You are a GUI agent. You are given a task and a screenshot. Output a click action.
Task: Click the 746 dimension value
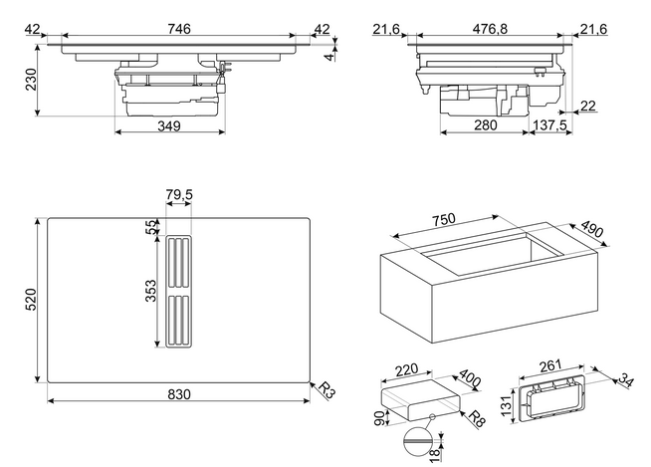coord(179,29)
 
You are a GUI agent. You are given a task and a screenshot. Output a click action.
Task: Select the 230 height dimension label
coord(31,79)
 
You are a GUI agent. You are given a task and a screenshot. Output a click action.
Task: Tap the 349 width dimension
coord(169,125)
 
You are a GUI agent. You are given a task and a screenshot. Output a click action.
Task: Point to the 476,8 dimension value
coord(490,29)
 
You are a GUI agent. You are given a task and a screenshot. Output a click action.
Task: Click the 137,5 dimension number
coord(549,124)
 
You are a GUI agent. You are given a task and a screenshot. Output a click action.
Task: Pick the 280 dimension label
coord(485,124)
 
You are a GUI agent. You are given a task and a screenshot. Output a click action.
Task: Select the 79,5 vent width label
coord(179,194)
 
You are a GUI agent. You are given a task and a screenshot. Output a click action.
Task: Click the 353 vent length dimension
coord(151,291)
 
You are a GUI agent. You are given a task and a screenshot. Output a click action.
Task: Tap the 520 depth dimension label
coord(31,299)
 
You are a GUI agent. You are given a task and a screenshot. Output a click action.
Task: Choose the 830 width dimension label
coord(179,394)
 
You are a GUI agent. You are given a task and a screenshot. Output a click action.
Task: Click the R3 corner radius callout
coord(326,390)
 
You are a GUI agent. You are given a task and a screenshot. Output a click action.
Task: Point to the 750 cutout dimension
coord(444,219)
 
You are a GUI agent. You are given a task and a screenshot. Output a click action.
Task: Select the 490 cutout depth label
coord(591,229)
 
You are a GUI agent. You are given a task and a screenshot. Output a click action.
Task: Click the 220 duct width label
coord(406,369)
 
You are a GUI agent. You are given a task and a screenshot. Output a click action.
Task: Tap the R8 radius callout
coord(477,418)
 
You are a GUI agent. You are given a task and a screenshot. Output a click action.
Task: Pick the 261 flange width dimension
coord(550,365)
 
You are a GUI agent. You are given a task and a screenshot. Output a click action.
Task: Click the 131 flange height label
coord(506,405)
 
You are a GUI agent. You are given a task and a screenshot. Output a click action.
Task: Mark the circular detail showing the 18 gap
coord(417,441)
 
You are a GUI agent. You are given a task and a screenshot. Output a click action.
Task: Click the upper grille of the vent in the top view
coord(178,263)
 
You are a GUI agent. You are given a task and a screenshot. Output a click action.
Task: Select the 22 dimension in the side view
coord(587,106)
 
